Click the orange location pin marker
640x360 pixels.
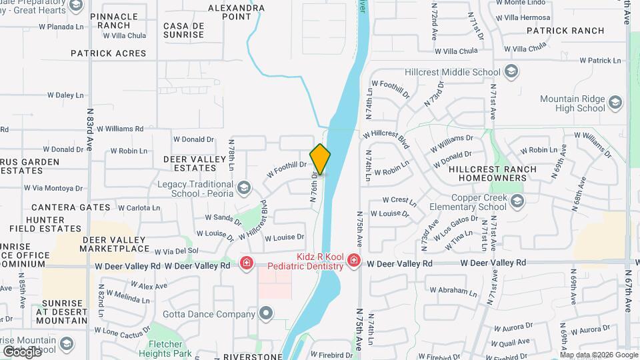(x=320, y=159)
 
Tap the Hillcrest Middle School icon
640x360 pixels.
(x=511, y=72)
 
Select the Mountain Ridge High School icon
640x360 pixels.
(x=614, y=103)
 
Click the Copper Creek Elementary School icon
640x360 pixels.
(x=516, y=201)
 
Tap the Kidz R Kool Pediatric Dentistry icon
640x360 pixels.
(x=353, y=261)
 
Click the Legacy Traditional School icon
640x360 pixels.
(x=243, y=187)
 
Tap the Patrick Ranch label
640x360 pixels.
(x=565, y=31)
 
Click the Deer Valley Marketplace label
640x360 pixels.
(x=115, y=244)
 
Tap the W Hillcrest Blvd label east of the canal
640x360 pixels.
(x=385, y=137)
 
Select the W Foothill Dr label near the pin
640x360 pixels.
(x=287, y=169)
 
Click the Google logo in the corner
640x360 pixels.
(x=22, y=351)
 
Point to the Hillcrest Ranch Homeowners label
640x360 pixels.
(x=492, y=174)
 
